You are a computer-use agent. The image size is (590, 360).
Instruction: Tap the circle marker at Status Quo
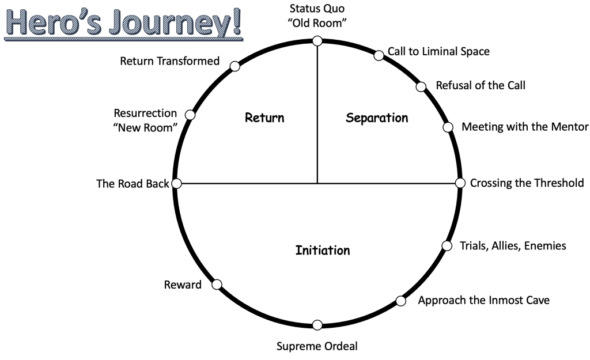coord(317,41)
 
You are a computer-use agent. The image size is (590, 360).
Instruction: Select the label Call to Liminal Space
coord(438,51)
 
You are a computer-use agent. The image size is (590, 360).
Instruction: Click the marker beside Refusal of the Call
coord(421,87)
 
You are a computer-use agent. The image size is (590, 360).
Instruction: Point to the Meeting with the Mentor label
coord(525,127)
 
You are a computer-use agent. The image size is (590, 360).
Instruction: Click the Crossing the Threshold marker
coord(460,183)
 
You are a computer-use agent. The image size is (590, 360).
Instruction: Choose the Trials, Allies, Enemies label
coord(513,246)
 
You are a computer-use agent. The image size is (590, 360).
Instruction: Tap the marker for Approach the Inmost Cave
coord(401,300)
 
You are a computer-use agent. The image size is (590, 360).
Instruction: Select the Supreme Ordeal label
coord(317,346)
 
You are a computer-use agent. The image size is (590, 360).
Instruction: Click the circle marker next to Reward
coord(217,284)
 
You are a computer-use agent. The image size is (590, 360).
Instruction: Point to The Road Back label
coord(133,184)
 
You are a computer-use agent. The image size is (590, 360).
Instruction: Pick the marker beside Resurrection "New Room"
coord(190,115)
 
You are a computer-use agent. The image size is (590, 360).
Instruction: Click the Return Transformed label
coord(169,60)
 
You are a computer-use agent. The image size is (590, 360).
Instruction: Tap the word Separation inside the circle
coord(377,118)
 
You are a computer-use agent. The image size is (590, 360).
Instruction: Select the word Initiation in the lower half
coord(323,251)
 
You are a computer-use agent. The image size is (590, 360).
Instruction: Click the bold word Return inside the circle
coord(264,118)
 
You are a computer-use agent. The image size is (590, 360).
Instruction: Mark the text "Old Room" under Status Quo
coord(316,24)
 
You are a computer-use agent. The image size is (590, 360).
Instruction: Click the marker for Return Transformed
coord(235,66)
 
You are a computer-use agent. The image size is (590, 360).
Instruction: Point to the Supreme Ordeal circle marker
coord(317,325)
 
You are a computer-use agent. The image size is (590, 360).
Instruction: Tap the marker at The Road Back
coord(177,183)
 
